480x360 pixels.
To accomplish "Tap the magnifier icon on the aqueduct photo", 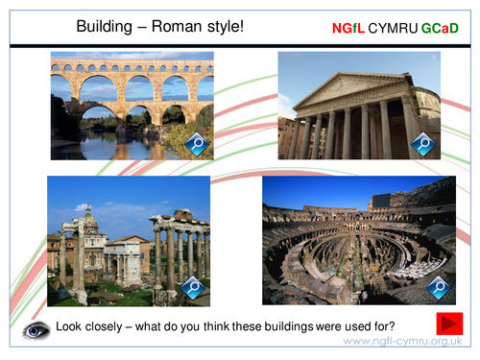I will (198, 145).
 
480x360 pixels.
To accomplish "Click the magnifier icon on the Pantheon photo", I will (423, 144).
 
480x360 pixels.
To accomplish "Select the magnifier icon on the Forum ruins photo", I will (193, 286).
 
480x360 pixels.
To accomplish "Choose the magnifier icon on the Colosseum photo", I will (438, 285).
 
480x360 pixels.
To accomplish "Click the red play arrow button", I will (448, 324).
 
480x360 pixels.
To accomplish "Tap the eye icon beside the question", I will (37, 329).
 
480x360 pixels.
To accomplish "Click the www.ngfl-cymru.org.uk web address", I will (402, 342).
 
